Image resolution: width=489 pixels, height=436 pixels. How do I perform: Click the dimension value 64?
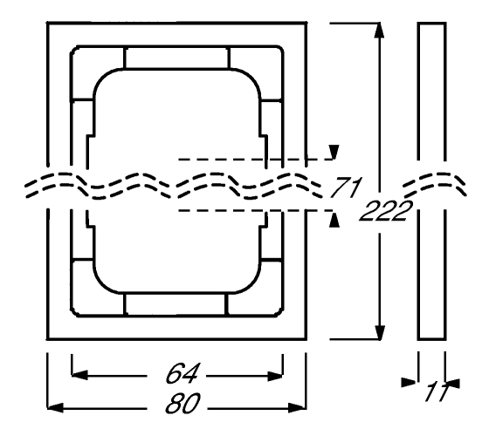pyautogui.click(x=182, y=373)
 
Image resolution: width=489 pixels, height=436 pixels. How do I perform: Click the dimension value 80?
pyautogui.click(x=183, y=403)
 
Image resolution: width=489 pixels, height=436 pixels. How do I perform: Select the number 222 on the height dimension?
pyautogui.click(x=386, y=211)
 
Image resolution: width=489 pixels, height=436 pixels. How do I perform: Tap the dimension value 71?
pyautogui.click(x=346, y=187)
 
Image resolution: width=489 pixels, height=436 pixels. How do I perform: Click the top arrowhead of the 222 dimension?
pyautogui.click(x=379, y=31)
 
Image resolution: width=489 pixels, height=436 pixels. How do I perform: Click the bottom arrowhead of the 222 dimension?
pyautogui.click(x=380, y=332)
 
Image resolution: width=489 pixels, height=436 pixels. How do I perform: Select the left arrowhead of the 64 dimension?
pyautogui.click(x=79, y=375)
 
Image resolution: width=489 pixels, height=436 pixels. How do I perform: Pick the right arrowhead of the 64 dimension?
pyautogui.click(x=275, y=376)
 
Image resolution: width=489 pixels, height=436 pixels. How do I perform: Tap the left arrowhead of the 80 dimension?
pyautogui.click(x=55, y=408)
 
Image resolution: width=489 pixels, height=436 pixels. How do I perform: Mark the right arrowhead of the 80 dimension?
pyautogui.click(x=297, y=408)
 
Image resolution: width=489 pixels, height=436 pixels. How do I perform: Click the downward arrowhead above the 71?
pyautogui.click(x=334, y=152)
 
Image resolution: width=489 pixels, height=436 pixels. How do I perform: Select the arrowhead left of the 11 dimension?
pyautogui.click(x=409, y=382)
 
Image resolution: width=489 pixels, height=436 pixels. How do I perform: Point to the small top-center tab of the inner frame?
pyautogui.click(x=176, y=58)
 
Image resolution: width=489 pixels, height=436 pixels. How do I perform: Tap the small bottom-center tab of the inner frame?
pyautogui.click(x=176, y=304)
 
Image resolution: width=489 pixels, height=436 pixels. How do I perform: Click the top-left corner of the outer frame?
pyautogui.click(x=47, y=23)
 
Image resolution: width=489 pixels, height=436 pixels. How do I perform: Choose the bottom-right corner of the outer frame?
pyautogui.click(x=306, y=339)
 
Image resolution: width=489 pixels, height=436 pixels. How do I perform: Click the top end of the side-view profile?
pyautogui.click(x=432, y=24)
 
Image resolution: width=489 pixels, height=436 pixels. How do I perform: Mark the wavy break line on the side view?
pyautogui.click(x=434, y=184)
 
